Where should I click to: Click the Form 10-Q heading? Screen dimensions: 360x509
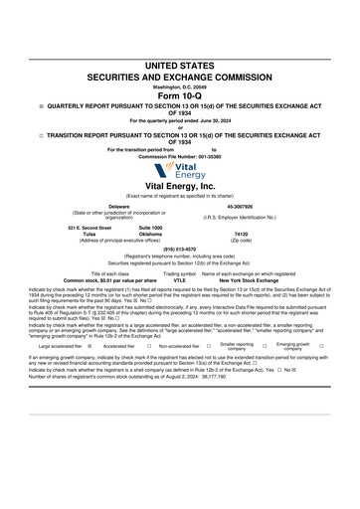[179, 94]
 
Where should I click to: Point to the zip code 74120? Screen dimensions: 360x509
[242, 235]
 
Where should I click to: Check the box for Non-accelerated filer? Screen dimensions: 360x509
[207, 347]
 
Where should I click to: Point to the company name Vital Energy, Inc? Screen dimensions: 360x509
[180, 186]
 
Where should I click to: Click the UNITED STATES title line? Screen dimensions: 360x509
[180, 64]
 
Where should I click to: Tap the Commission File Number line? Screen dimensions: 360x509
[180, 156]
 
